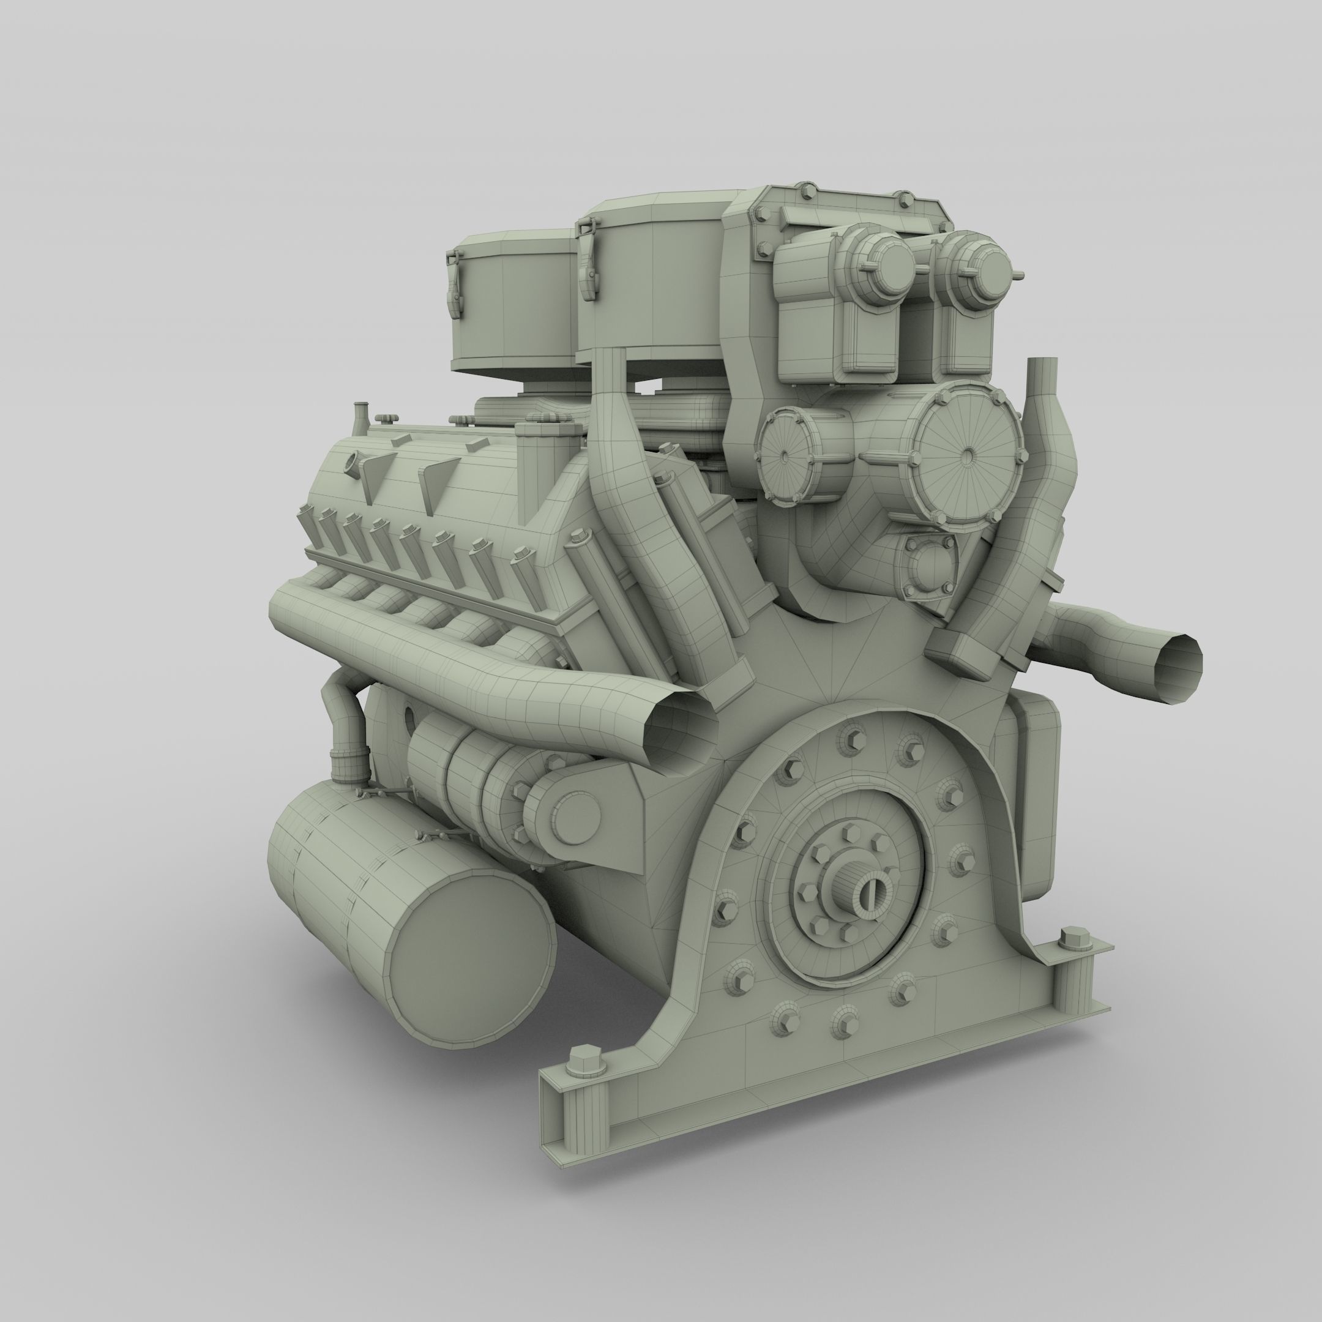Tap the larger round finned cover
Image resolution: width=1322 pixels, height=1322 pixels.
[x=968, y=454]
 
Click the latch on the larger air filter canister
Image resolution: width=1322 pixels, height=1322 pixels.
[x=586, y=260]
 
